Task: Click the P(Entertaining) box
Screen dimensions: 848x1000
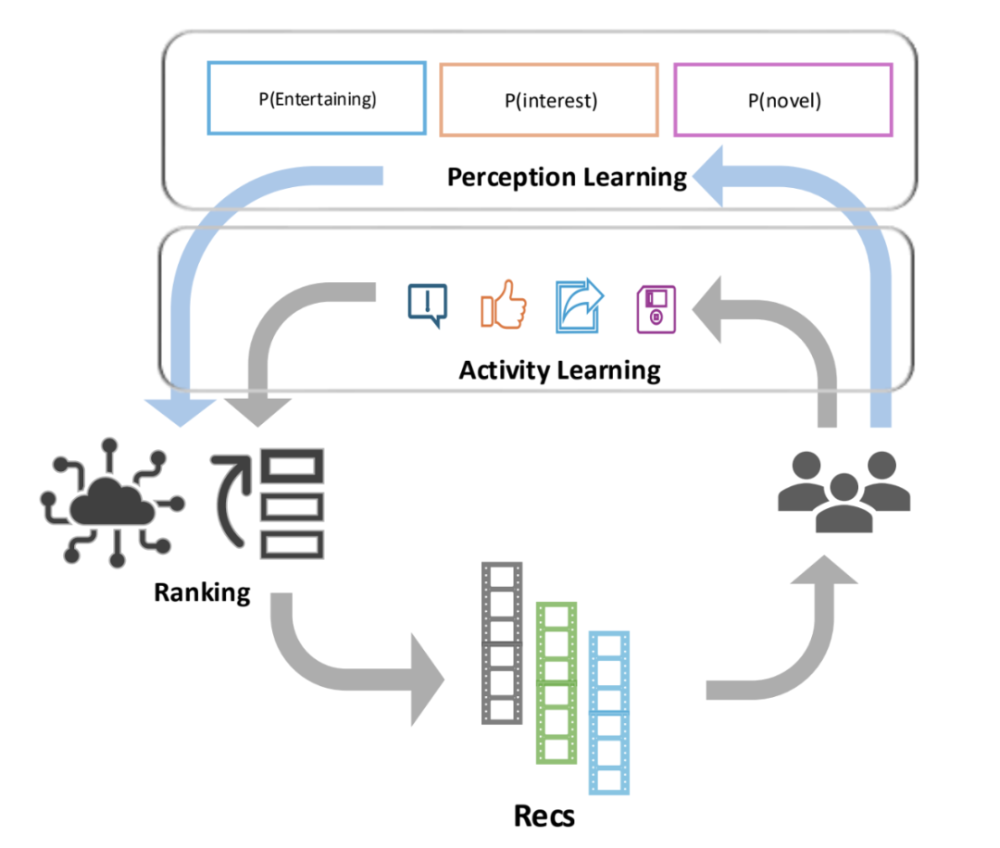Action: [x=317, y=99]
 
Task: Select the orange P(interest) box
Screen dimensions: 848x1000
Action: [x=549, y=100]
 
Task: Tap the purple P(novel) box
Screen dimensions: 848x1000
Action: [x=783, y=100]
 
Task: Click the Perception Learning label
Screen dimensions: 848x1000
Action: [x=567, y=177]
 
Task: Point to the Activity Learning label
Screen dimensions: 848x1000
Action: [x=559, y=371]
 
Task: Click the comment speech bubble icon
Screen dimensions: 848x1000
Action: [x=428, y=306]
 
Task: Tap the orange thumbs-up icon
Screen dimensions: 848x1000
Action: [x=503, y=306]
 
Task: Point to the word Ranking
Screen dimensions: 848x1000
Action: [x=202, y=592]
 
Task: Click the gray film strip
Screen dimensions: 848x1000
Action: [x=502, y=643]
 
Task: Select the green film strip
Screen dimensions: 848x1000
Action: [x=556, y=683]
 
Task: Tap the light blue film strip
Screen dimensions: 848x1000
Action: [x=609, y=712]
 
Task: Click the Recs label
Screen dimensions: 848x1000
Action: [x=544, y=816]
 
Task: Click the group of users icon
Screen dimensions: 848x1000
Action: [x=844, y=490]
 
